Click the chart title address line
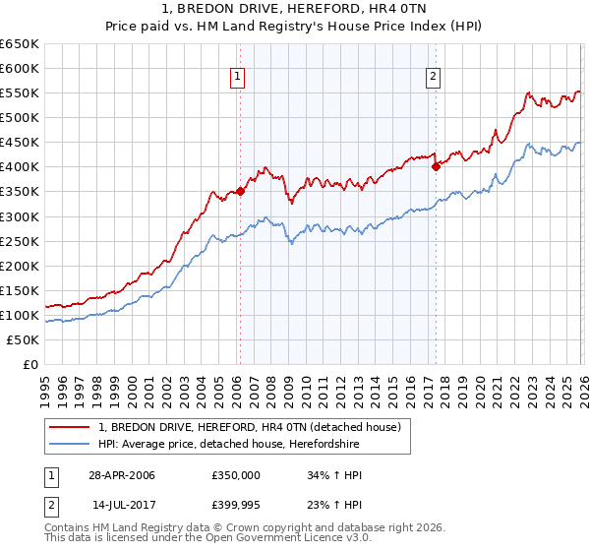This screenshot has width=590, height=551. click(294, 9)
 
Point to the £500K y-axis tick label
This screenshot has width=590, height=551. click(19, 118)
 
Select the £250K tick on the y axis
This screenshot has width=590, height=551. click(19, 241)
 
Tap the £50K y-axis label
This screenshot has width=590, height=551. click(23, 339)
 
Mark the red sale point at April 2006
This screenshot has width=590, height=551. click(240, 192)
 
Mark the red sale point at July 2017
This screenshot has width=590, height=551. click(435, 167)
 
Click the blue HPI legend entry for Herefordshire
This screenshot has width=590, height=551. click(229, 445)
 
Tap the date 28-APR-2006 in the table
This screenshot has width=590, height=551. click(122, 475)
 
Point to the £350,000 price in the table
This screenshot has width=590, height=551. click(237, 475)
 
